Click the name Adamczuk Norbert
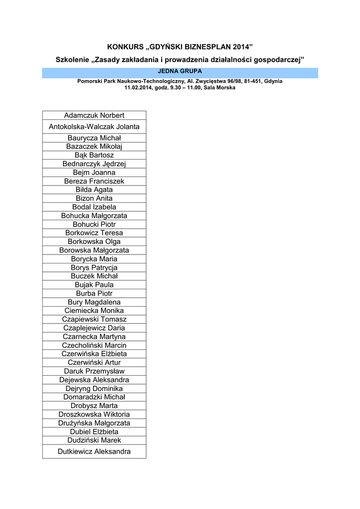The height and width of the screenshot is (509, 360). pyautogui.click(x=94, y=115)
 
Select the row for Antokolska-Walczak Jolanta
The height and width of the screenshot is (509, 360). pyautogui.click(x=94, y=127)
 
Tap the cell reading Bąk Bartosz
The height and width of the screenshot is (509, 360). pyautogui.click(x=94, y=155)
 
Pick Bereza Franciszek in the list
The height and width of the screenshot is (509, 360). pyautogui.click(x=94, y=181)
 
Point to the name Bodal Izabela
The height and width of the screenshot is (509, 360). pyautogui.click(x=94, y=207)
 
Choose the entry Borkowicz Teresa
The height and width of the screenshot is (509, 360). pyautogui.click(x=94, y=233)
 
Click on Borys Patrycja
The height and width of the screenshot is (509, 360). pyautogui.click(x=94, y=267)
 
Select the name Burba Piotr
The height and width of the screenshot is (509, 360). pyautogui.click(x=94, y=293)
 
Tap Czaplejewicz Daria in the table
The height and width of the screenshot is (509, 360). pyautogui.click(x=94, y=328)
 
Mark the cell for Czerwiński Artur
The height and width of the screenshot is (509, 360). pyautogui.click(x=94, y=362)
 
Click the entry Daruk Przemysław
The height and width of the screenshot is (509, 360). pyautogui.click(x=94, y=371)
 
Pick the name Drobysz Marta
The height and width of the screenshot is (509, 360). pyautogui.click(x=94, y=406)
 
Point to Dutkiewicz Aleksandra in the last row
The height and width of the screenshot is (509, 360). pyautogui.click(x=94, y=451)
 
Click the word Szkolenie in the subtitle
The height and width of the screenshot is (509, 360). pyautogui.click(x=73, y=60)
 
